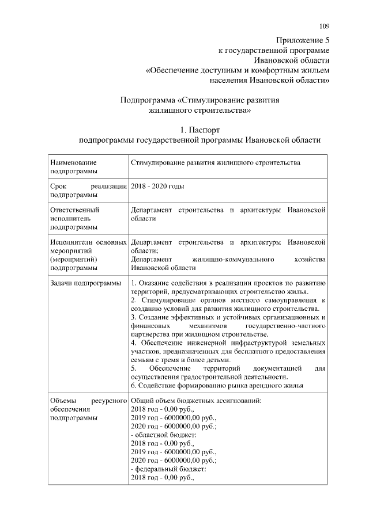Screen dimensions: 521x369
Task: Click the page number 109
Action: (x=325, y=25)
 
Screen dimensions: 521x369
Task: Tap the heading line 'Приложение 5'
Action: (x=302, y=40)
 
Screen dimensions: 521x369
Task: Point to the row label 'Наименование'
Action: (x=73, y=163)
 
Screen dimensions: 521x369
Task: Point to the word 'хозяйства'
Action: (x=310, y=259)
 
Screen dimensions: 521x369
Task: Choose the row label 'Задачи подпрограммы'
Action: (x=85, y=283)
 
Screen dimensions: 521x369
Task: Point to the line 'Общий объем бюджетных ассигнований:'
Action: (x=197, y=401)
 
